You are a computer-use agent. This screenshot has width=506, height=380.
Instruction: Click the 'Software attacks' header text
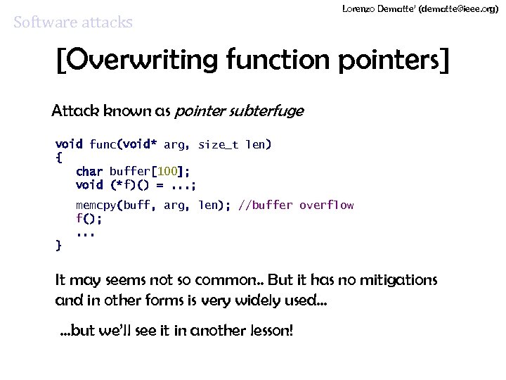pyautogui.click(x=73, y=23)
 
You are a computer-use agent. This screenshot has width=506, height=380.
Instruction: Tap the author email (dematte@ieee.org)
pyautogui.click(x=462, y=8)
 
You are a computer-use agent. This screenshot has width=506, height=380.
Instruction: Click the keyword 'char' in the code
pyautogui.click(x=89, y=172)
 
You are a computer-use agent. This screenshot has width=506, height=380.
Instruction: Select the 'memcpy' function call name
pyautogui.click(x=96, y=205)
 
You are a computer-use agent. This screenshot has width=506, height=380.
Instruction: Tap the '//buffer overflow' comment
pyautogui.click(x=296, y=205)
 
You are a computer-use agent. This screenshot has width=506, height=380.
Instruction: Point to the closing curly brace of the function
pyautogui.click(x=58, y=246)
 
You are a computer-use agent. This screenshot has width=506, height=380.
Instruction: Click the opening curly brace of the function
pyautogui.click(x=58, y=158)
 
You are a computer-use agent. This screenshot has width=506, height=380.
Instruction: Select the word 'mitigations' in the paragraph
pyautogui.click(x=398, y=280)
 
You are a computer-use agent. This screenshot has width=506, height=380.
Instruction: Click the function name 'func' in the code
pyautogui.click(x=103, y=145)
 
